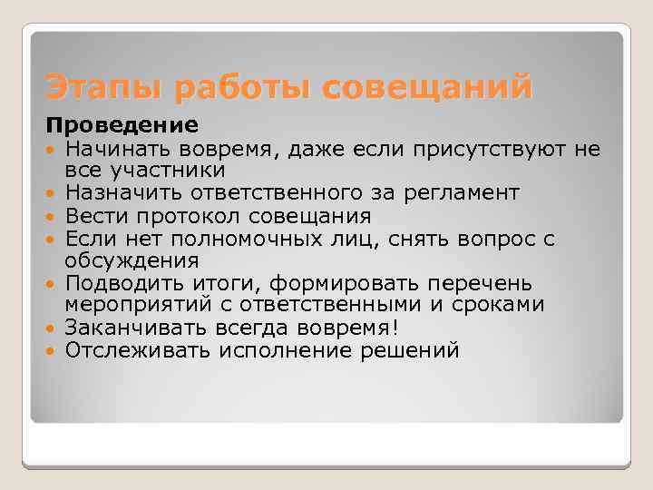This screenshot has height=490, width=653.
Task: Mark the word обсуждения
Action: [x=132, y=260]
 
